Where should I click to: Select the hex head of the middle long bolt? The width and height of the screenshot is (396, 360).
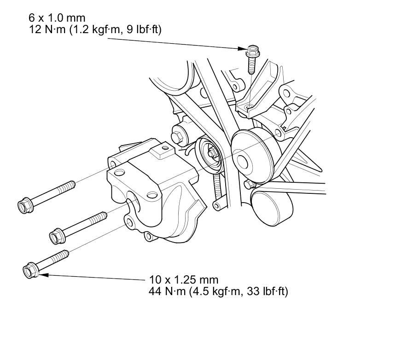pos(56,236)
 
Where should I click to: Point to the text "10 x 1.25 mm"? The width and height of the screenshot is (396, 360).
pos(184,279)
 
